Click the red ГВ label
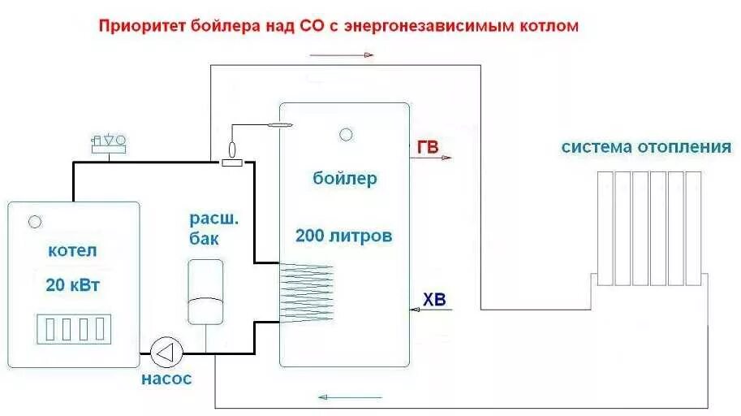[x=427, y=147]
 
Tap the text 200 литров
[x=344, y=236]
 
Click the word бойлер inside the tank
[x=345, y=179]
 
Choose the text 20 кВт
[x=73, y=285]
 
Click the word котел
[x=73, y=251]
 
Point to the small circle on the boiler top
[x=347, y=134]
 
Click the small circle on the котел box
[x=35, y=221]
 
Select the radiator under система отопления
[x=648, y=228]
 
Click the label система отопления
[x=646, y=148]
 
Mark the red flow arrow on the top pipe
[x=341, y=55]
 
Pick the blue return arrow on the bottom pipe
[x=349, y=397]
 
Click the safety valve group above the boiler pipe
[x=109, y=144]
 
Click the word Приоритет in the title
[x=138, y=26]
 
